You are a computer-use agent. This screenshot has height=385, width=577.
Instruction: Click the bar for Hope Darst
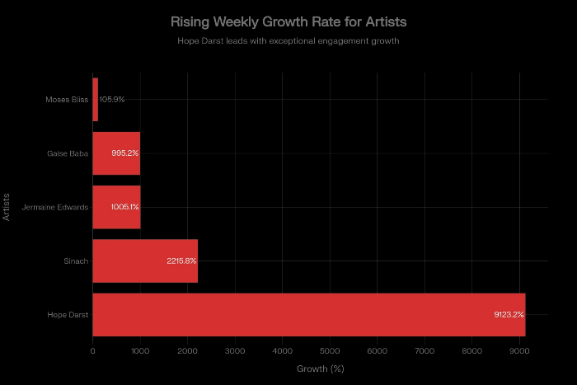[x=308, y=314]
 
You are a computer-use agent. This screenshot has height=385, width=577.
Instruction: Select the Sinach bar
[x=145, y=261]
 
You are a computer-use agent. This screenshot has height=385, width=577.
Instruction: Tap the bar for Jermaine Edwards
[x=116, y=207]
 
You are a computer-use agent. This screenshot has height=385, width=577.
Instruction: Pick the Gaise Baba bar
[x=116, y=153]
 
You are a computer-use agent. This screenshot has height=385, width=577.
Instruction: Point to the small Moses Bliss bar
[x=96, y=100]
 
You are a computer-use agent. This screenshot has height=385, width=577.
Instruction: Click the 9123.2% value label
[x=509, y=314]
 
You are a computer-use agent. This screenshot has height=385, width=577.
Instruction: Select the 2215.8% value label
[x=181, y=261]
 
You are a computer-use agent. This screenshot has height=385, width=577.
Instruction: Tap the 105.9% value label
[x=112, y=100]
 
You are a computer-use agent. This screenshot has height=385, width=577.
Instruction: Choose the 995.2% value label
[x=125, y=153]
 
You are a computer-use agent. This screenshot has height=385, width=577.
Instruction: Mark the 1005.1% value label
[x=124, y=207]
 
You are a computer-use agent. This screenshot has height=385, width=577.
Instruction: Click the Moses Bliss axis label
[x=67, y=100]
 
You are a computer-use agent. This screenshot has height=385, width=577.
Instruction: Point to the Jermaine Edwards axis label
[x=55, y=207]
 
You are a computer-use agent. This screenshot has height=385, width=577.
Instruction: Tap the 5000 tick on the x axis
[x=330, y=352]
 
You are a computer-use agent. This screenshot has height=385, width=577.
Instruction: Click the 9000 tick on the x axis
[x=519, y=352]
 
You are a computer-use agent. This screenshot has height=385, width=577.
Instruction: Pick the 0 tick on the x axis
[x=92, y=352]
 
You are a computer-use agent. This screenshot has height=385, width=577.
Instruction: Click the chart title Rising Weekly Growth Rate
[x=288, y=21]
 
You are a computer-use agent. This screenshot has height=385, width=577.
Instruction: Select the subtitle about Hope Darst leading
[x=288, y=40]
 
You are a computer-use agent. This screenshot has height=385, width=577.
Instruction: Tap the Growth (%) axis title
[x=320, y=369]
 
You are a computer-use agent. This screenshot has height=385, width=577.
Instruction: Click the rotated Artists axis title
[x=7, y=207]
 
